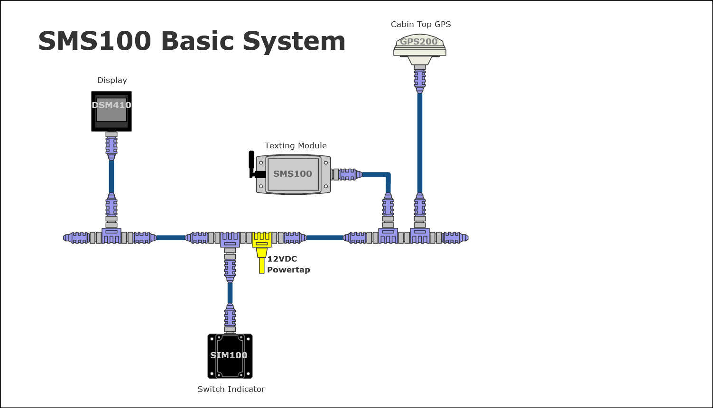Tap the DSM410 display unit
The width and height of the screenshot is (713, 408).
(x=111, y=111)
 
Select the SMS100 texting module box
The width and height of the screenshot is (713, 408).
(x=293, y=174)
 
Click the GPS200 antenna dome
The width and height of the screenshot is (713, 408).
(x=419, y=45)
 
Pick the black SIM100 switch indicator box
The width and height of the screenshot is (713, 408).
(x=230, y=356)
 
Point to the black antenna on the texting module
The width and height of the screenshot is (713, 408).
(x=252, y=164)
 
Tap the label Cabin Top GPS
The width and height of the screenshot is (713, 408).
(x=421, y=24)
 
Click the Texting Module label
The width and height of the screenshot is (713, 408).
(x=296, y=145)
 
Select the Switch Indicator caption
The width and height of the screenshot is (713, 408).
(x=231, y=389)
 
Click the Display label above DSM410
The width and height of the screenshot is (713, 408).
(x=112, y=80)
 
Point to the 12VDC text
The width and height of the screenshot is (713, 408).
(x=282, y=259)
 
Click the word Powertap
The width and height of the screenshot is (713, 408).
(x=288, y=270)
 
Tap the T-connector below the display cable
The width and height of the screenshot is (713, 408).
(x=111, y=236)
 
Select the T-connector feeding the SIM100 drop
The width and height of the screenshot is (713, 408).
(x=230, y=239)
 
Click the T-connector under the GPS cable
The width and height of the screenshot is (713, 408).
(x=420, y=236)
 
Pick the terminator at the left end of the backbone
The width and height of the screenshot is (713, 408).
(x=76, y=237)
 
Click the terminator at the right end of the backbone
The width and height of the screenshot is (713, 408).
(x=455, y=237)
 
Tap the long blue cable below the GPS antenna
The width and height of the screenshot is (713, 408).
(x=420, y=142)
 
